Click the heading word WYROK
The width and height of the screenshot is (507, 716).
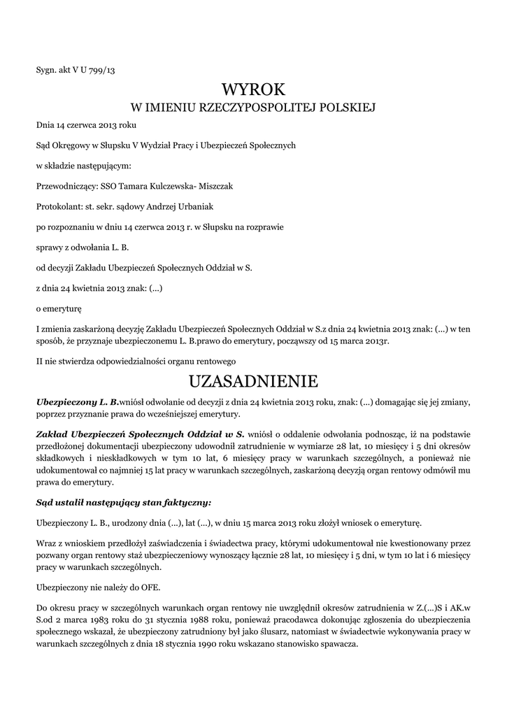click(253, 89)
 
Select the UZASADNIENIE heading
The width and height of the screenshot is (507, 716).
click(253, 381)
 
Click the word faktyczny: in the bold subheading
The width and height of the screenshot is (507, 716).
click(184, 503)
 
